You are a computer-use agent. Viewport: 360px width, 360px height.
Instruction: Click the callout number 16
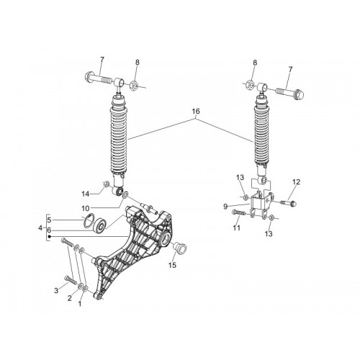(x=196, y=112)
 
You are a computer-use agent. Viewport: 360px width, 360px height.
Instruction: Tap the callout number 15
(x=172, y=265)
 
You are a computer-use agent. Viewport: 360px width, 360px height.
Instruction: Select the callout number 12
(x=296, y=182)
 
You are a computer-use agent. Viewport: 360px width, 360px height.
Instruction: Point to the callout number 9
(x=225, y=207)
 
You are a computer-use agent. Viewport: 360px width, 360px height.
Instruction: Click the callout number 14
(x=86, y=194)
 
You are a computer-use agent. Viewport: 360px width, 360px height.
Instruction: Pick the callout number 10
(x=86, y=208)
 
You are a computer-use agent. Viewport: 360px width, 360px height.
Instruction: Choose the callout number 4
(x=40, y=228)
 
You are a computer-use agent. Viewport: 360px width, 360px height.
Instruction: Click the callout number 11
(x=237, y=228)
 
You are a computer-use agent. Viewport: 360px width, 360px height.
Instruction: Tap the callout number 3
(x=56, y=291)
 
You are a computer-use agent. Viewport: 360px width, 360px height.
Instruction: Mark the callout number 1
(x=80, y=304)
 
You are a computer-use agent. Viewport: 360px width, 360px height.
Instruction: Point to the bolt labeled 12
(x=288, y=203)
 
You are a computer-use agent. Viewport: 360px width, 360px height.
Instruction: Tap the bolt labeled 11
(x=238, y=212)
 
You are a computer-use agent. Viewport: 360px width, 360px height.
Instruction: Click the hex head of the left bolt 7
(x=89, y=76)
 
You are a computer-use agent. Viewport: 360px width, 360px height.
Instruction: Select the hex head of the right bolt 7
(x=299, y=94)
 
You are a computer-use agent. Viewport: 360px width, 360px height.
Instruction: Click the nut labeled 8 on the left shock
(x=134, y=85)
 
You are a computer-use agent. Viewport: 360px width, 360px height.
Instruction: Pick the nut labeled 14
(x=106, y=184)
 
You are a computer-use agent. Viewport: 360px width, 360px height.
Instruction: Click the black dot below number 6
(x=49, y=237)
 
